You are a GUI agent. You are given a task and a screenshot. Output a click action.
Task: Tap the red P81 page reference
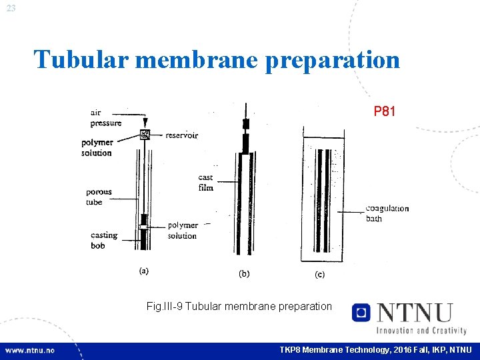[x=385, y=111]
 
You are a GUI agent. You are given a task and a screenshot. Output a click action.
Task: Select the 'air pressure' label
[x=106, y=118]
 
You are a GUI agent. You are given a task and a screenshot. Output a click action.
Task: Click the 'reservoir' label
[x=182, y=135]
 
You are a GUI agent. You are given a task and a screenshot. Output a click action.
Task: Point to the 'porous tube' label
[x=99, y=197]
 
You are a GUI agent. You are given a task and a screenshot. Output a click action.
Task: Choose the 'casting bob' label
[x=103, y=240]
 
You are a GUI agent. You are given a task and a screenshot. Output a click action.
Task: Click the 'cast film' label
[x=205, y=183]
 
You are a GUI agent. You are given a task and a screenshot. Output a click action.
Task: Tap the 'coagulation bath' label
[x=387, y=213]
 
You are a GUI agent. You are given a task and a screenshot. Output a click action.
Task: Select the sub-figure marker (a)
[x=143, y=271]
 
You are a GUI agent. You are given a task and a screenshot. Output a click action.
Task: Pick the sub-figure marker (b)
[x=245, y=273]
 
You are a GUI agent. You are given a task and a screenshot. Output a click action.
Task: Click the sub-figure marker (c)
[x=319, y=274]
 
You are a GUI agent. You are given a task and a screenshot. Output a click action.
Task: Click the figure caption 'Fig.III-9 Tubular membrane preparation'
[x=239, y=306]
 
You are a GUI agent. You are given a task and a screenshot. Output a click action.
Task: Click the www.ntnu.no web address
[x=31, y=350]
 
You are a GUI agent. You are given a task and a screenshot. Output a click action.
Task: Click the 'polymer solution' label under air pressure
[x=97, y=147]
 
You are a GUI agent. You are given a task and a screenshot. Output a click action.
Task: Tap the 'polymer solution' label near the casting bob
[x=182, y=231]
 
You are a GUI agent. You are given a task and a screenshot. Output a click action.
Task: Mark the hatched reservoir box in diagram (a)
[x=144, y=135]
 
